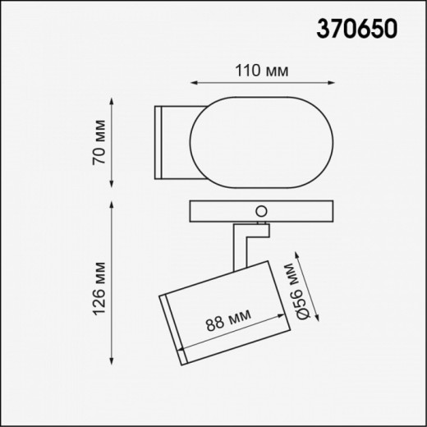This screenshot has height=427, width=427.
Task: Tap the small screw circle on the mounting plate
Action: pyautogui.click(x=262, y=210)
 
